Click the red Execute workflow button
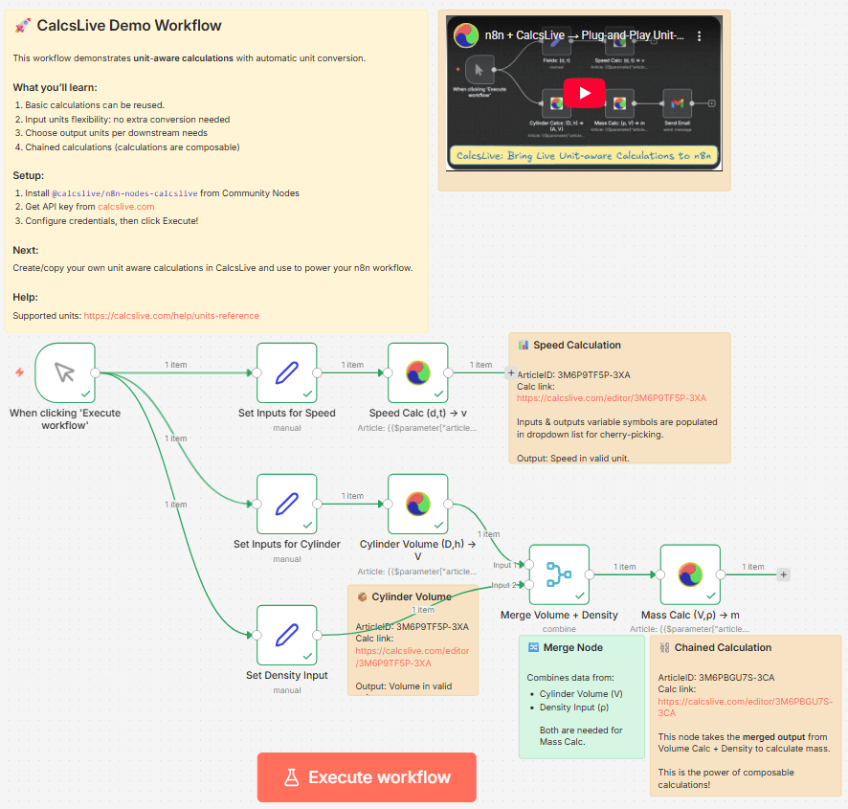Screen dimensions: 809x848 point(367,776)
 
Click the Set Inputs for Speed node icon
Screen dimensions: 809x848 point(286,372)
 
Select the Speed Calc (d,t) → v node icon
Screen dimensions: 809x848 point(417,372)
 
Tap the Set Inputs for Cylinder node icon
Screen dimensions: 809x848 point(286,504)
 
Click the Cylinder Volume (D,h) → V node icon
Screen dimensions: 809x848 point(417,504)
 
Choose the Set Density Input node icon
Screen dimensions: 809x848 point(286,635)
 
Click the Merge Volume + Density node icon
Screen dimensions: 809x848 point(558,574)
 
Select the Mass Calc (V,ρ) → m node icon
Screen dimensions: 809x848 point(689,574)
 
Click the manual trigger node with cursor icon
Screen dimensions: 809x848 point(64,372)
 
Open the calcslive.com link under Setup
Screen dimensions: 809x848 point(125,206)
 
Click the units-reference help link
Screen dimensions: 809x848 point(170,315)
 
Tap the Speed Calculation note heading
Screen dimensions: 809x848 point(576,345)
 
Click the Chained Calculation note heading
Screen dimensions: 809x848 point(723,647)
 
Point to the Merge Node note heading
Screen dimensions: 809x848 point(572,647)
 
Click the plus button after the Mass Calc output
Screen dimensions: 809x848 point(783,574)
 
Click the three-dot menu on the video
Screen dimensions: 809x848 point(700,35)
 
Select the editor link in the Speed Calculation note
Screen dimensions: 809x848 point(611,397)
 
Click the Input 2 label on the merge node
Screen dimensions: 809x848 point(503,585)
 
